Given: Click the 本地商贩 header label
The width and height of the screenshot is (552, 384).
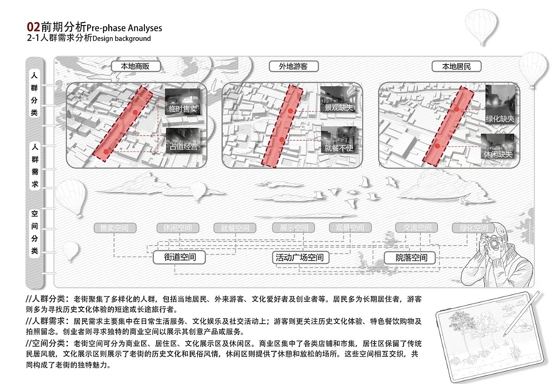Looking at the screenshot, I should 136,66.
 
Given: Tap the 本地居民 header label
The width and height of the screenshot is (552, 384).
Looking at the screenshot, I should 457,66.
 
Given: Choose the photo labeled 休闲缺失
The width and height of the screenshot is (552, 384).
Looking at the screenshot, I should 498,147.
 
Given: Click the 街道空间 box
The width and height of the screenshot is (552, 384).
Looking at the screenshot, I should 180,257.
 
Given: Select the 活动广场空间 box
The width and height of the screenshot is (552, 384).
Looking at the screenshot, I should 300,257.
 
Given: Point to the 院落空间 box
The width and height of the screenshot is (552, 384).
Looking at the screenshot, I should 411,257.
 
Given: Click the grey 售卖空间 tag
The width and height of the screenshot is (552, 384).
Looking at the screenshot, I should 115,228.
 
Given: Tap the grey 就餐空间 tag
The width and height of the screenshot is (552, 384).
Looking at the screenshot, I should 235,228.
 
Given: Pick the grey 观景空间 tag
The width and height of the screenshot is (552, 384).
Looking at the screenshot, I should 350,228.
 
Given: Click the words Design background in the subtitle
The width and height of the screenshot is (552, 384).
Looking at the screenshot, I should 121,39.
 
